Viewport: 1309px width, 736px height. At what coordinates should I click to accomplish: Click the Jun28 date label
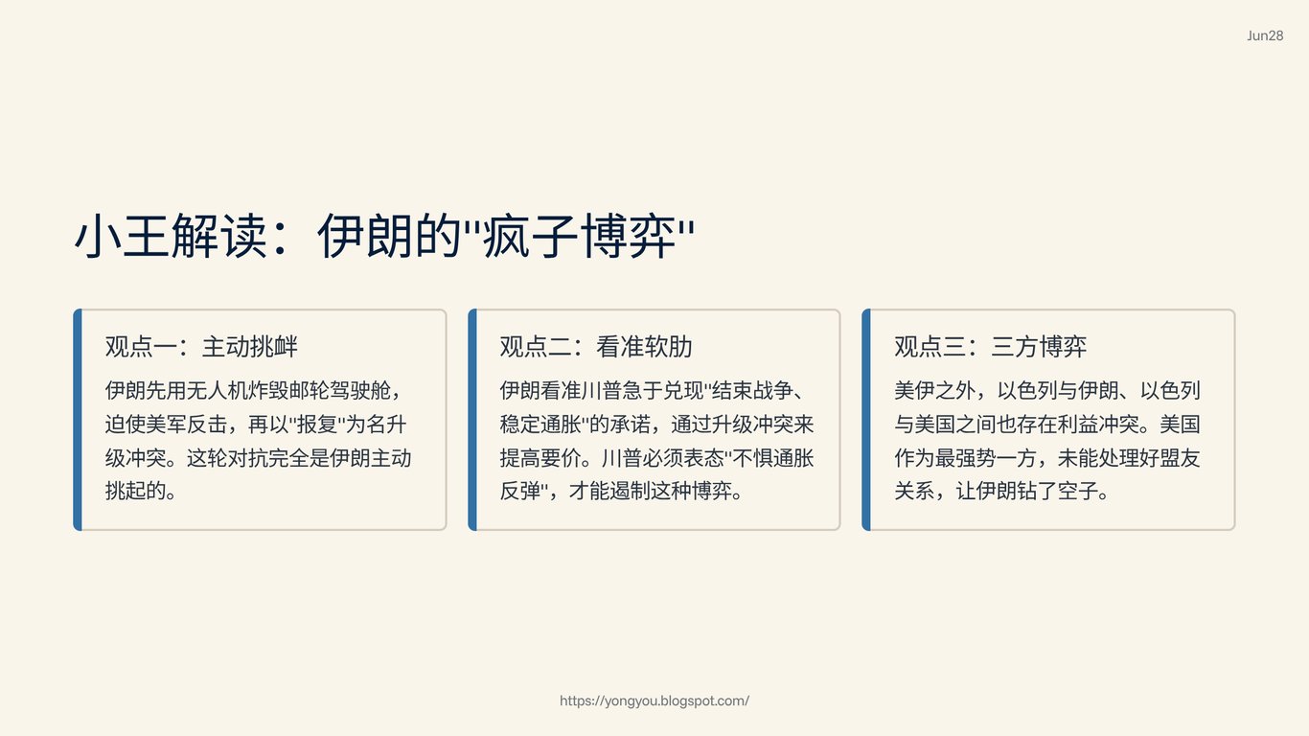click(x=1265, y=35)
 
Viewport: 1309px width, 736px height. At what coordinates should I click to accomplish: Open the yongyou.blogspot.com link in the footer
click(x=654, y=701)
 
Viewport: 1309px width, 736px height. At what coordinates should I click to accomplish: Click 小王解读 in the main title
click(x=172, y=236)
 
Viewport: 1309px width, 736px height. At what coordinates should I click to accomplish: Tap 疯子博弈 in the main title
click(x=579, y=236)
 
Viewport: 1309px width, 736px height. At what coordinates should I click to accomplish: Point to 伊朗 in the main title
click(x=365, y=236)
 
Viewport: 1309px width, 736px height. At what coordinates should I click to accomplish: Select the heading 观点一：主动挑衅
click(x=201, y=347)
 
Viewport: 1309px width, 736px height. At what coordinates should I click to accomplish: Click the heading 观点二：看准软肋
click(x=596, y=347)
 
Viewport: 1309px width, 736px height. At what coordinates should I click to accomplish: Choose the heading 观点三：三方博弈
click(x=991, y=347)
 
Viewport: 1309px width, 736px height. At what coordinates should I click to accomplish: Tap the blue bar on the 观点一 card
click(x=78, y=420)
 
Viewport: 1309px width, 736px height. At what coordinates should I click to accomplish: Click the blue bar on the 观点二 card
click(x=472, y=420)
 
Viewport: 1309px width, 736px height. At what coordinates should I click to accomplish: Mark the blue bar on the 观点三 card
click(x=866, y=420)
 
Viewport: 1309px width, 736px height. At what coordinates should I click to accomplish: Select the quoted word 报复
click(x=317, y=425)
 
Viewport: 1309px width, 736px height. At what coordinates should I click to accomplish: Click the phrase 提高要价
click(x=540, y=458)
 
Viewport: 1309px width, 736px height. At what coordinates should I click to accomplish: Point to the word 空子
click(x=1078, y=491)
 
